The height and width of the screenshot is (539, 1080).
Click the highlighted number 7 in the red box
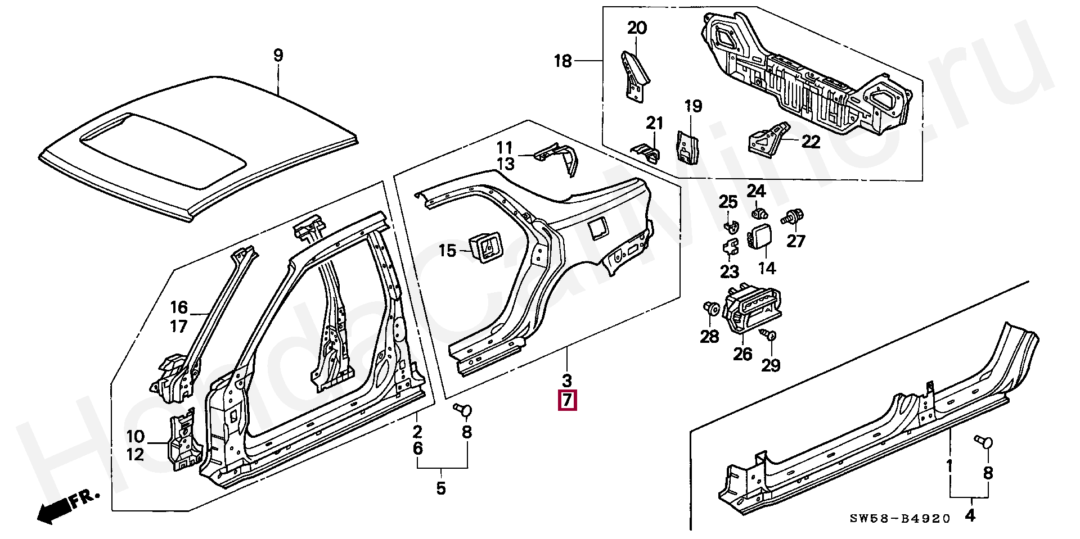567,400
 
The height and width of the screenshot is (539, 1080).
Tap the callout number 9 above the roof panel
278,56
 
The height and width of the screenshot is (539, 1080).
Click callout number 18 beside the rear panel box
563,61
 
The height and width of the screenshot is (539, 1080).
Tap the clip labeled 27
794,216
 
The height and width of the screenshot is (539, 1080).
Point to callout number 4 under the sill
970,515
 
